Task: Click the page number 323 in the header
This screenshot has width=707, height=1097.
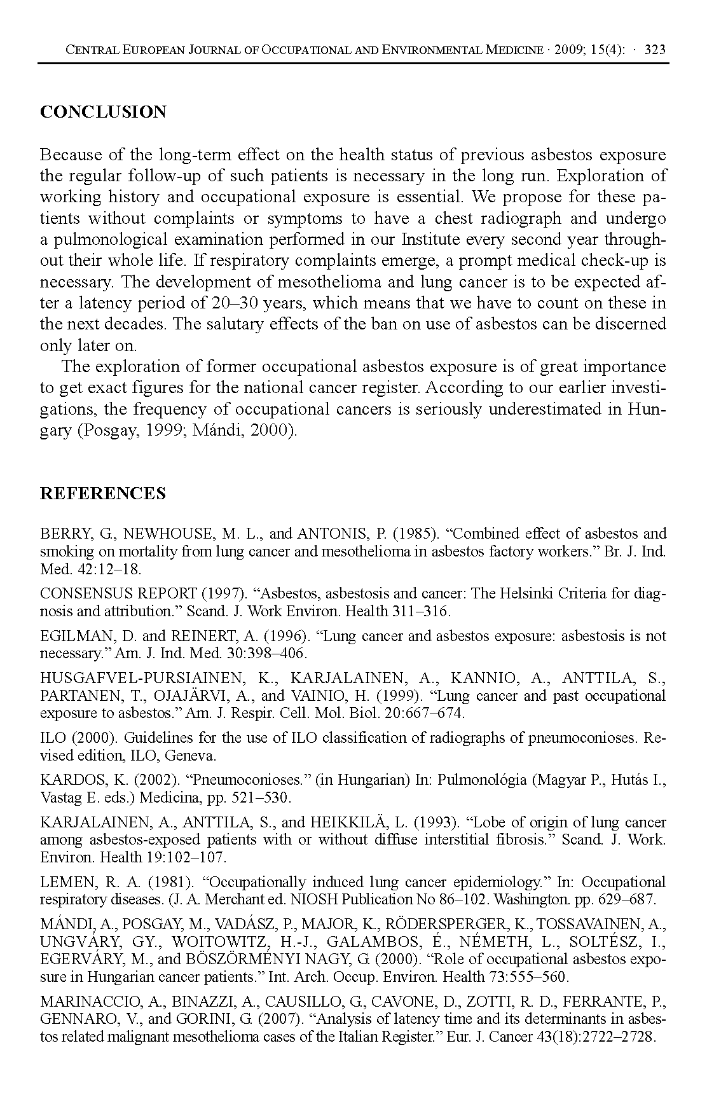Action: coord(655,50)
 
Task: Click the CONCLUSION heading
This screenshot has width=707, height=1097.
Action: coord(103,112)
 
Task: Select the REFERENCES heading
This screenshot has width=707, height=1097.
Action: coord(103,493)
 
